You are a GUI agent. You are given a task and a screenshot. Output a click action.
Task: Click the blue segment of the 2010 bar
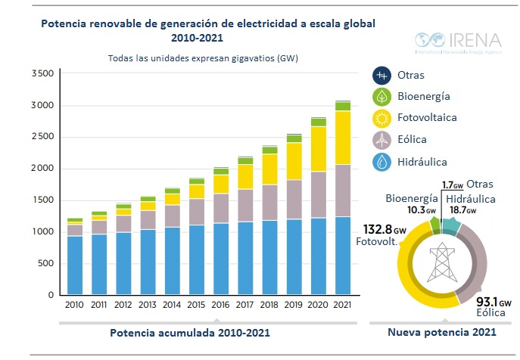coord(75,265)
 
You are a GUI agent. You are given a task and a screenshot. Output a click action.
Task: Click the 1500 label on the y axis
coord(42,200)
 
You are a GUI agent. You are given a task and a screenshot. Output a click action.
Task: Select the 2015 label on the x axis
coord(197,305)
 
